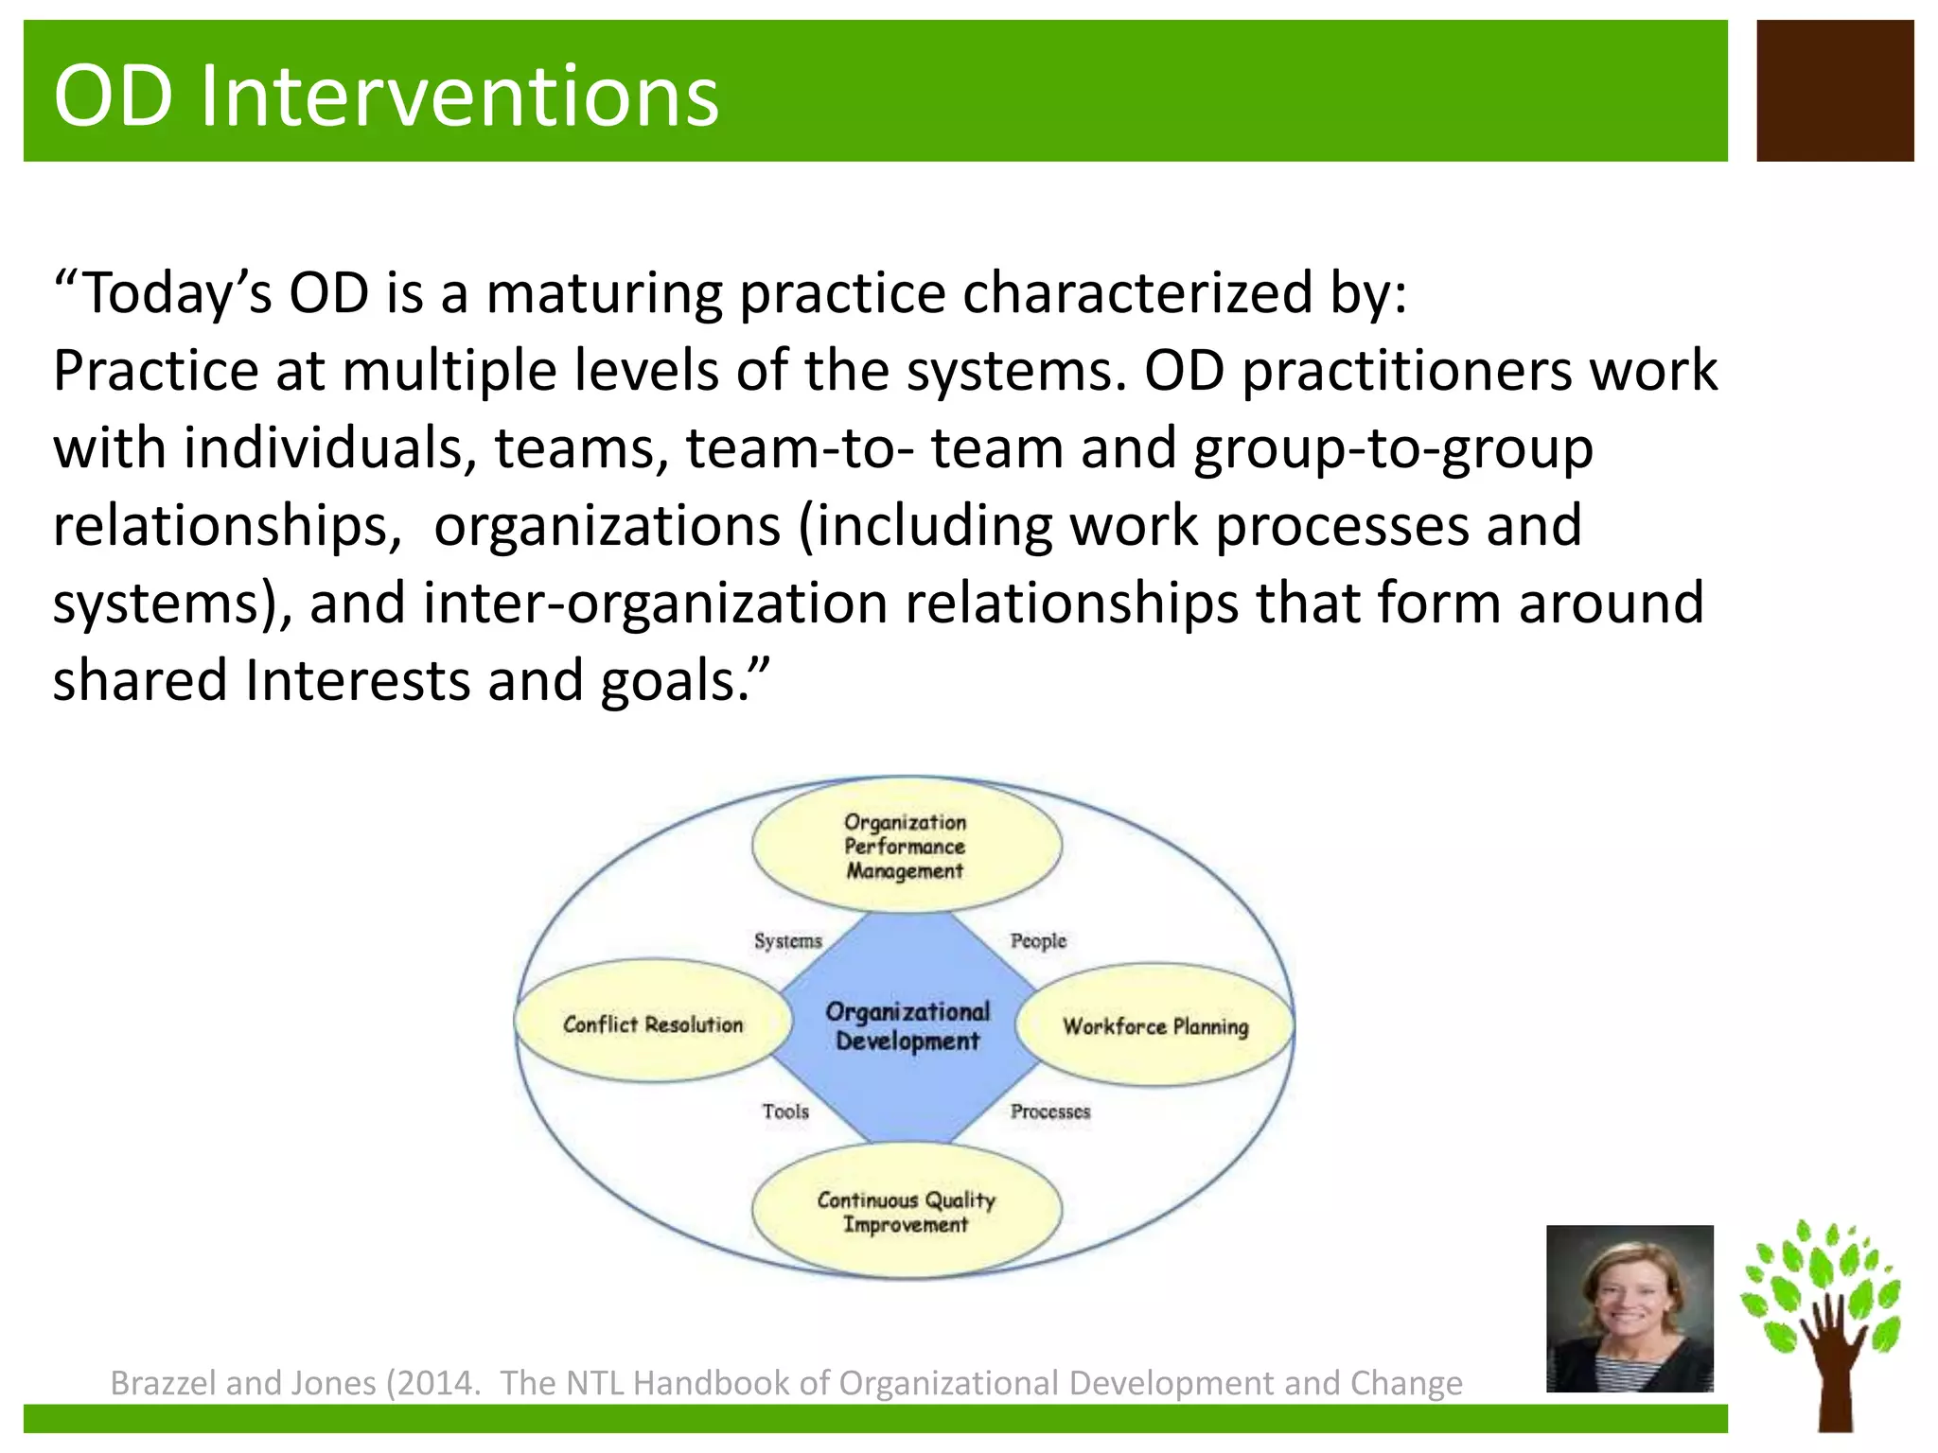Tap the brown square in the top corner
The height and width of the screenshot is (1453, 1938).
tap(1835, 91)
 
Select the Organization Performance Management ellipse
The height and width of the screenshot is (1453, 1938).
tap(906, 846)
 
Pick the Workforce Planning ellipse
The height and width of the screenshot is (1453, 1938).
tap(1155, 1025)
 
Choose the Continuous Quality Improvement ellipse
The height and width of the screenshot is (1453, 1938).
tap(906, 1212)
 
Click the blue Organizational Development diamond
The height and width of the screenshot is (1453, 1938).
tap(907, 1026)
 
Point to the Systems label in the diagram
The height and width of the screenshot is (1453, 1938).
tap(787, 940)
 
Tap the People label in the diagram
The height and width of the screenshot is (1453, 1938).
tap(1038, 940)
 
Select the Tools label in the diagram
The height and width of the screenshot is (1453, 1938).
tap(785, 1112)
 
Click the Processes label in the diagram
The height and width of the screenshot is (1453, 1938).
tap(1049, 1112)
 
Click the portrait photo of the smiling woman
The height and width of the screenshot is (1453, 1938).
tap(1630, 1308)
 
